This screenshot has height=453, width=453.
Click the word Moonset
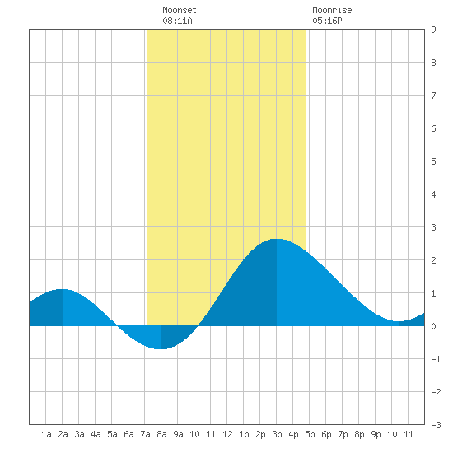[x=180, y=10]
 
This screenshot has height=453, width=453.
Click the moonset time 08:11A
[x=177, y=21]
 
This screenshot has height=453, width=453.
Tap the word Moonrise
[x=332, y=10]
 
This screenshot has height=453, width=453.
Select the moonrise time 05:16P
[x=327, y=21]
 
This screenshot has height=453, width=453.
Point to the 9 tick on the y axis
[x=433, y=30]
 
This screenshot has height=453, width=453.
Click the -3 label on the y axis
[x=436, y=425]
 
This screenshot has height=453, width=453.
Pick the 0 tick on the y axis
[x=433, y=326]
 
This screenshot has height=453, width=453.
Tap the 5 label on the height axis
[x=433, y=161]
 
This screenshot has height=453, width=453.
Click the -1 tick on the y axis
[x=436, y=359]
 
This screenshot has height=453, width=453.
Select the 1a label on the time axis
[x=46, y=434]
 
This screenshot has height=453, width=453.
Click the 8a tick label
[x=161, y=434]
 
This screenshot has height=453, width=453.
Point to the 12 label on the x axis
[x=227, y=434]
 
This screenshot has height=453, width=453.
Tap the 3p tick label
[x=277, y=434]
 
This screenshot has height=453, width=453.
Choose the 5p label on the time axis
[x=310, y=434]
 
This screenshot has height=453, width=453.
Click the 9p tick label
[x=376, y=434]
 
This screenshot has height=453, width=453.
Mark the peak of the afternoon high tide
[x=277, y=239]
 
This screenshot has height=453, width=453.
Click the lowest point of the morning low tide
[x=161, y=349]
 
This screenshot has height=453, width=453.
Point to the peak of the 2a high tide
[x=63, y=289]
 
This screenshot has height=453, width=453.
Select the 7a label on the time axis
[x=145, y=434]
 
